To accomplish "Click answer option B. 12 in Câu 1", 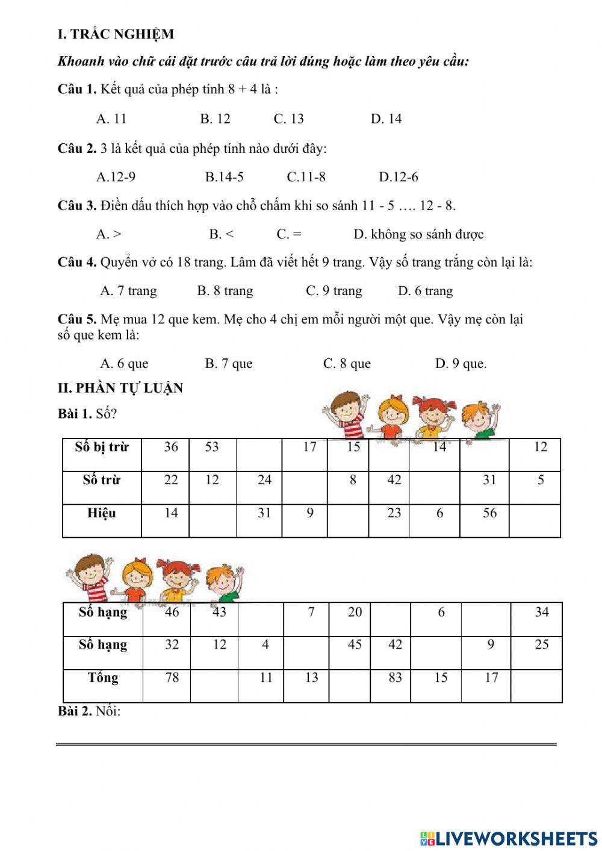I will click(215, 119).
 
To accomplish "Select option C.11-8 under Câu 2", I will click(306, 177).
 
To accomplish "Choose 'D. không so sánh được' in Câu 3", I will click(418, 234).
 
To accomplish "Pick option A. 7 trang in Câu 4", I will click(128, 291).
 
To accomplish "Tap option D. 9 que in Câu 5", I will click(461, 364).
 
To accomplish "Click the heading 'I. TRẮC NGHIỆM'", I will click(116, 34).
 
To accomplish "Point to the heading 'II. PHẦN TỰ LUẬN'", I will click(120, 388).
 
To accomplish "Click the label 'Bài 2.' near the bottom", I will click(75, 711).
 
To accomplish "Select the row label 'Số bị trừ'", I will click(102, 447).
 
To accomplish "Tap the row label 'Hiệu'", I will click(102, 514).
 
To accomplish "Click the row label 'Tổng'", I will click(103, 678).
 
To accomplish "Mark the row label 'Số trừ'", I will click(102, 481).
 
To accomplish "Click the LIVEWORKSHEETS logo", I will click(509, 838).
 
